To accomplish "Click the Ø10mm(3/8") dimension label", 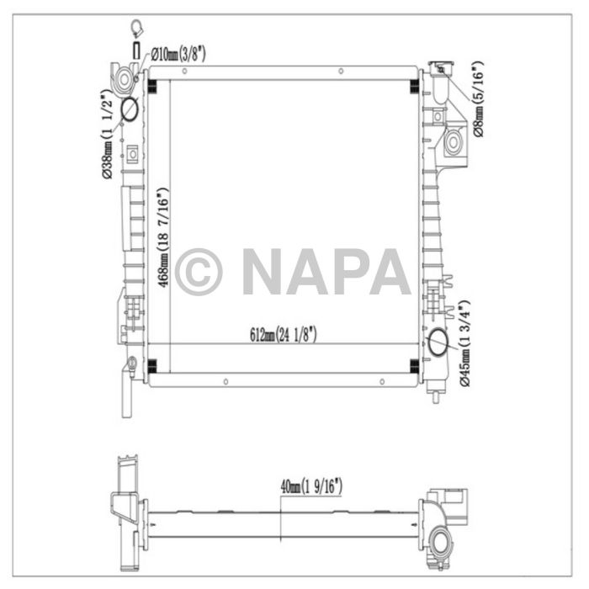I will [178, 55].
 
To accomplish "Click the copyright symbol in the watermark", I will [199, 271].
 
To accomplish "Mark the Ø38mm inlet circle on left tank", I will [130, 110].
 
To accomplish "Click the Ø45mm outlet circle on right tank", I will [438, 343].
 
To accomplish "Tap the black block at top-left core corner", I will [152, 85].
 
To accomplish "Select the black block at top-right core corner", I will [414, 85].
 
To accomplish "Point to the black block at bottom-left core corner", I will [152, 365].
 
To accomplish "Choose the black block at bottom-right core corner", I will [414, 365].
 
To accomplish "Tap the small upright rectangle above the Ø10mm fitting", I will [136, 44].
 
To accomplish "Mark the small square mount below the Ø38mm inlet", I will [132, 154].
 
